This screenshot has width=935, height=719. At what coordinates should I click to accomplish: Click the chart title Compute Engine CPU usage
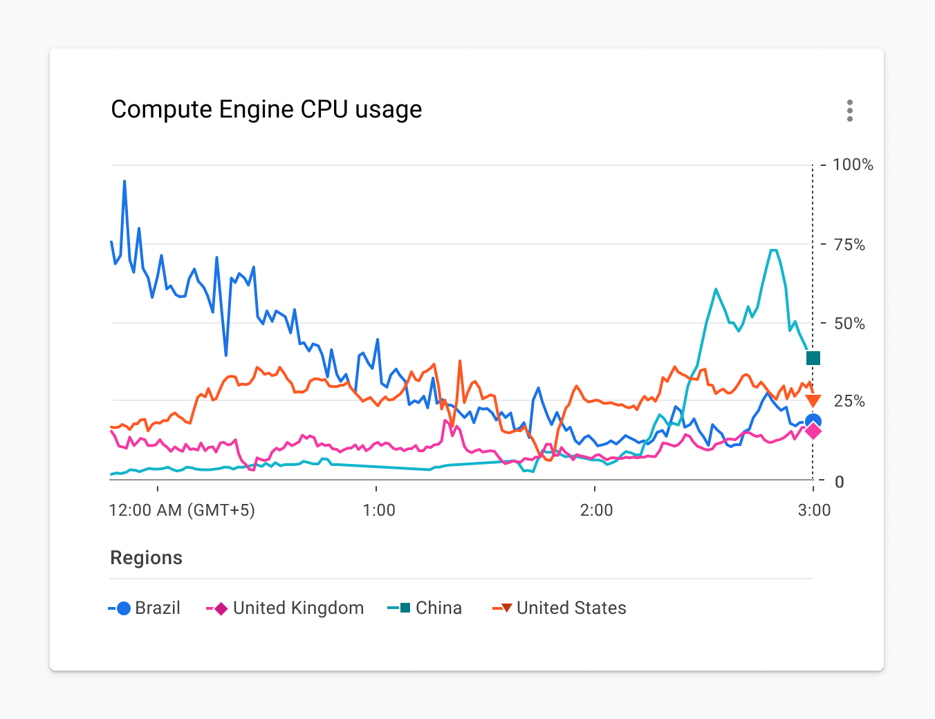pos(266,109)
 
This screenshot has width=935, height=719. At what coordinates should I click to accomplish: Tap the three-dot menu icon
pos(849,111)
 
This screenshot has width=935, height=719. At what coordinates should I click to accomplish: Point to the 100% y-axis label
pos(852,165)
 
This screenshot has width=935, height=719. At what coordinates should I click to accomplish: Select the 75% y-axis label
pos(849,245)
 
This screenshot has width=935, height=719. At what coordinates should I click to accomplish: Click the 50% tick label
pos(849,324)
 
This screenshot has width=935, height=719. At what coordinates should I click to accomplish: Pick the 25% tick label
pos(849,401)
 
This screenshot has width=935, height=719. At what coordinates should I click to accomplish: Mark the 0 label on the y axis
pos(839,482)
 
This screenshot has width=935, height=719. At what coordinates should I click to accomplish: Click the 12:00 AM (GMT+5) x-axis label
pos(182,510)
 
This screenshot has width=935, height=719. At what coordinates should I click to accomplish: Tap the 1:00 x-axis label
pos(378,510)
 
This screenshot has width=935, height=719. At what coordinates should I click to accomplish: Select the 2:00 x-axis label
pos(596,510)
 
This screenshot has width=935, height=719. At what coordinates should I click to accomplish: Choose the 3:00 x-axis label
pos(814,510)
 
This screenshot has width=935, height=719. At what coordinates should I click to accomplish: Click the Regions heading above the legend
pos(146,558)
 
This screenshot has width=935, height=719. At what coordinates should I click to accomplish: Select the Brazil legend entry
pos(145,608)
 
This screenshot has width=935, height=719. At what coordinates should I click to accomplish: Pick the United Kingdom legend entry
pos(285,608)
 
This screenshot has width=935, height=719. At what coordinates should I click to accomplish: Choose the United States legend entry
pos(559,608)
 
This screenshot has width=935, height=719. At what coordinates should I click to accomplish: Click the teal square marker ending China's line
pos(813,358)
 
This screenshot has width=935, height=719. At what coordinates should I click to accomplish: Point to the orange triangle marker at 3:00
pos(813,401)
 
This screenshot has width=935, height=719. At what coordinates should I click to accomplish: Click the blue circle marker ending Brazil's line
pos(813,421)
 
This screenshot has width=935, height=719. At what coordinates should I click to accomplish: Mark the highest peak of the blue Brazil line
pos(124,181)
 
